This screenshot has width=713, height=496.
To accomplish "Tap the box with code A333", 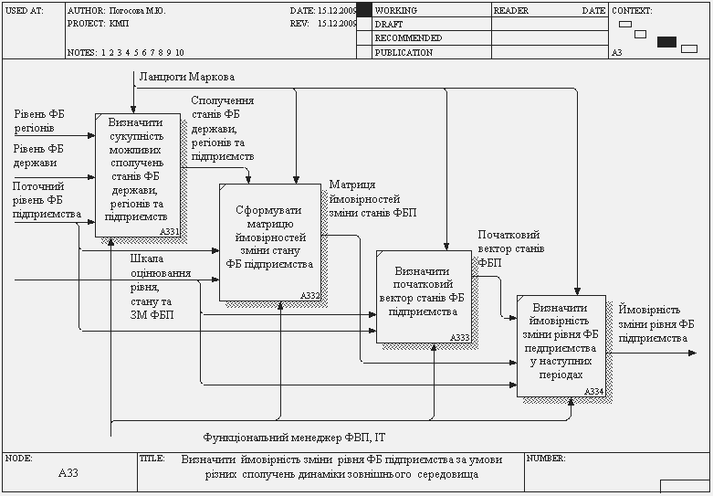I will pyautogui.click(x=424, y=296).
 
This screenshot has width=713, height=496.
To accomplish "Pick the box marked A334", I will pyautogui.click(x=561, y=345).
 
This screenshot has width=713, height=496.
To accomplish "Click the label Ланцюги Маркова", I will pyautogui.click(x=186, y=77).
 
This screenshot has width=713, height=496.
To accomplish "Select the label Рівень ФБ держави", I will pyautogui.click(x=39, y=155).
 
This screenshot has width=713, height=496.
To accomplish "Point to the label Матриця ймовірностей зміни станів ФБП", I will pyautogui.click(x=372, y=198).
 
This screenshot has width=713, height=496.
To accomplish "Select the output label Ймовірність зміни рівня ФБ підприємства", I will pyautogui.click(x=655, y=323).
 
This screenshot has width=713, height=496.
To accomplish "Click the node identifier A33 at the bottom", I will pyautogui.click(x=68, y=473).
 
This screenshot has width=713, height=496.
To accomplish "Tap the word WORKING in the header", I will pyautogui.click(x=396, y=10).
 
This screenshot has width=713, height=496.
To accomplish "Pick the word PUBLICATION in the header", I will pyautogui.click(x=404, y=52).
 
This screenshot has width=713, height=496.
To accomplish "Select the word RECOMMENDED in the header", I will pyautogui.click(x=408, y=38).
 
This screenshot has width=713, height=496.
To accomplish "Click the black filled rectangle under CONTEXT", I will pyautogui.click(x=666, y=41).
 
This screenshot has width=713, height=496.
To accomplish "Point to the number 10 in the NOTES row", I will pyautogui.click(x=179, y=52).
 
